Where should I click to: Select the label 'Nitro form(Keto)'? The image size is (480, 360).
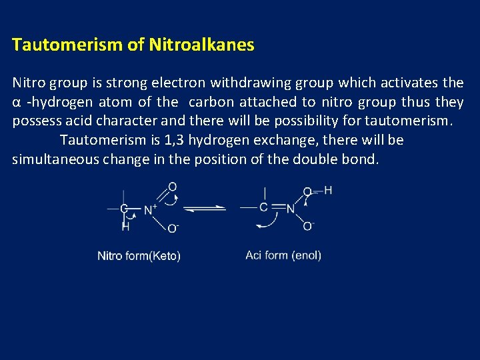(139, 256)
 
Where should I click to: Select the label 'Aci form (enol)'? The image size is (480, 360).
(283, 255)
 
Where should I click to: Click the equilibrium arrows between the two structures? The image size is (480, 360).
(205, 209)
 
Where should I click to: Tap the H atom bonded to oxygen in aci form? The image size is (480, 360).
(328, 191)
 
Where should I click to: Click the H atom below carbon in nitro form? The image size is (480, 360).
(125, 227)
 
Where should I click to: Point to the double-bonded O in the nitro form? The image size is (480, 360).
(172, 187)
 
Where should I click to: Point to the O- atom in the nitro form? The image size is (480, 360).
(172, 228)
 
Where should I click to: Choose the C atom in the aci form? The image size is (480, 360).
(264, 208)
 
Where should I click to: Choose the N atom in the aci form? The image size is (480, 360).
(291, 209)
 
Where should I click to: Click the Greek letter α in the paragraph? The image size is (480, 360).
(17, 103)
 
